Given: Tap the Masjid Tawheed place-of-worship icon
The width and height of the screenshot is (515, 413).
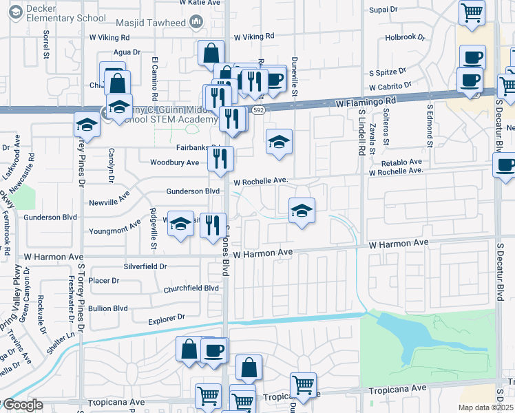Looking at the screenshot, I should click(196, 23).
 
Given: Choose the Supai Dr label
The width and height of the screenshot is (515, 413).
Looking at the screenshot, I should click(383, 10).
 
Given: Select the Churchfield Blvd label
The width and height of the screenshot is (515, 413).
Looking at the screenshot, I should click(191, 288).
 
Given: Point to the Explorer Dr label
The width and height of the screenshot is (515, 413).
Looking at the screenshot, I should click(167, 318).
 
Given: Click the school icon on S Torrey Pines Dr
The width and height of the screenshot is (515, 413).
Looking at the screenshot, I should click(87, 124).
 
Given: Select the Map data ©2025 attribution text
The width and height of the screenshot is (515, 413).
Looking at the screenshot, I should click(486, 407).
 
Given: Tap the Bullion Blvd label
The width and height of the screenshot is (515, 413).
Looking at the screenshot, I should click(108, 308).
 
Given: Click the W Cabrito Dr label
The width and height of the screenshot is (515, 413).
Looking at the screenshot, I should click(390, 87).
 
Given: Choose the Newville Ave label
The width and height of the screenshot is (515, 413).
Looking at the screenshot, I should click(109, 203).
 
